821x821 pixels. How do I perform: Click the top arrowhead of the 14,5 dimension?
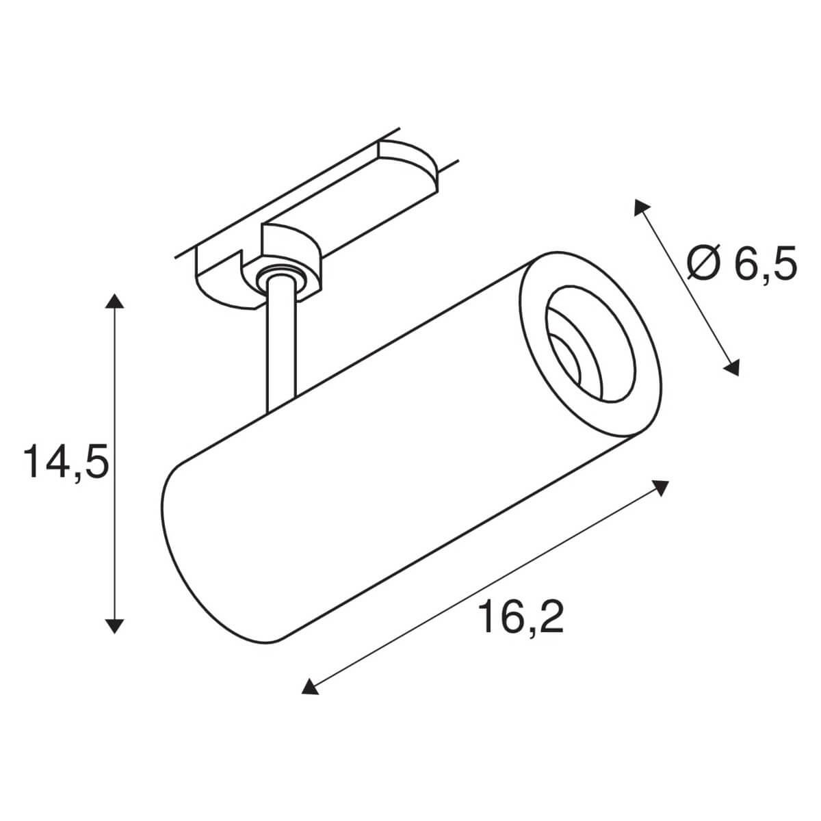coord(115,302)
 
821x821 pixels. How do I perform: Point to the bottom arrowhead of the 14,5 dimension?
coord(115,623)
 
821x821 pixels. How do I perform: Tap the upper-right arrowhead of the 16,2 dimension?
coord(660,487)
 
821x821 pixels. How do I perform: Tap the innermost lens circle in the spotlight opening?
coord(570,361)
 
